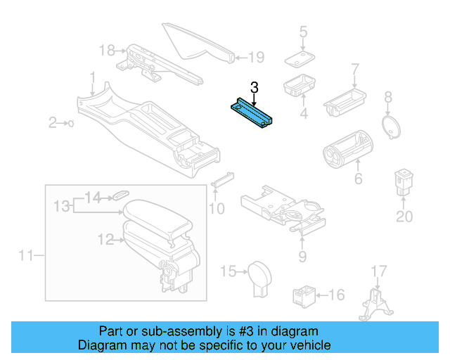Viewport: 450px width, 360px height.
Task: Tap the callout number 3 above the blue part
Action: (x=255, y=87)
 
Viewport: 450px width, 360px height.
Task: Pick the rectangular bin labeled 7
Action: (x=347, y=98)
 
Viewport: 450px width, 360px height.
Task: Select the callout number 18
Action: (x=106, y=51)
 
